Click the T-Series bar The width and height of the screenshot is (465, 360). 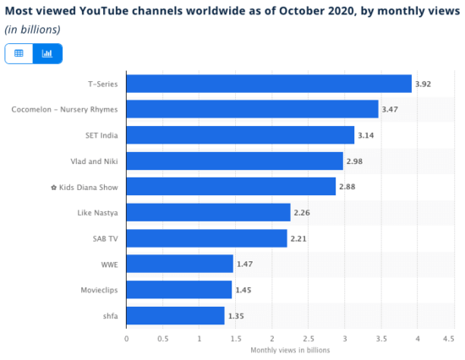(x=269, y=84)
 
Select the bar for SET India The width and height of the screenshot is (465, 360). (x=240, y=135)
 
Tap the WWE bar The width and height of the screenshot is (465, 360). (x=179, y=264)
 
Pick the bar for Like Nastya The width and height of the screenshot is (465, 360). (x=208, y=212)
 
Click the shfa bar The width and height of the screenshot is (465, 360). (x=175, y=315)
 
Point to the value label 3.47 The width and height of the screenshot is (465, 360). (x=391, y=110)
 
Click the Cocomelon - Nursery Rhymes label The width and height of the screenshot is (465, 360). (x=64, y=110)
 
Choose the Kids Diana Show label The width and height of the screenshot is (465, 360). (x=83, y=187)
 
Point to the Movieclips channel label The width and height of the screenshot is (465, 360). (x=98, y=290)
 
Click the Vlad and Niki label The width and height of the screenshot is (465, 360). (x=93, y=161)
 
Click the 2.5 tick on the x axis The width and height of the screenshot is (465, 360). (x=309, y=338)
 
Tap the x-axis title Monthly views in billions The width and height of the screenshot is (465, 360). (x=289, y=350)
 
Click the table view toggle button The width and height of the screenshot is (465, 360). (x=19, y=53)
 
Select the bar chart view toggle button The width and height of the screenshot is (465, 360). (x=47, y=53)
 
